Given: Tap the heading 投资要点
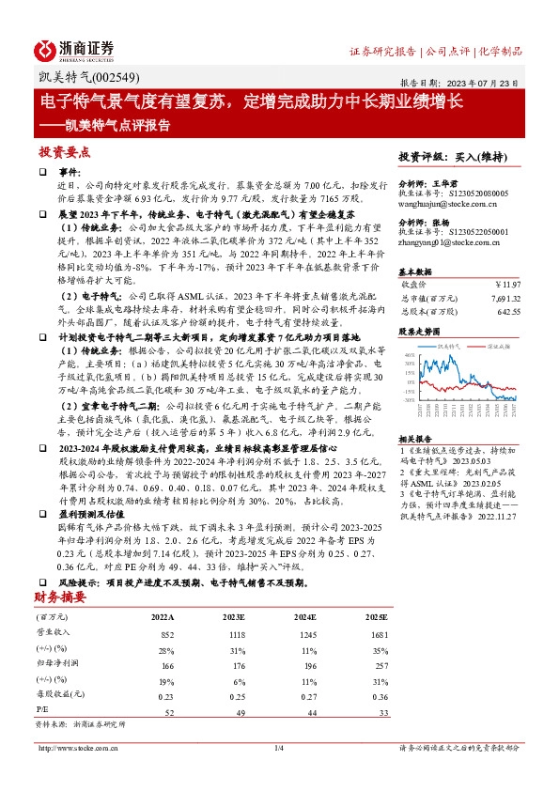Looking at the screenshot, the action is click(64, 151).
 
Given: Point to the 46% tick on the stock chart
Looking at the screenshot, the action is click(407, 356).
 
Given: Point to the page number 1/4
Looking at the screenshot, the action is click(278, 748).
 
